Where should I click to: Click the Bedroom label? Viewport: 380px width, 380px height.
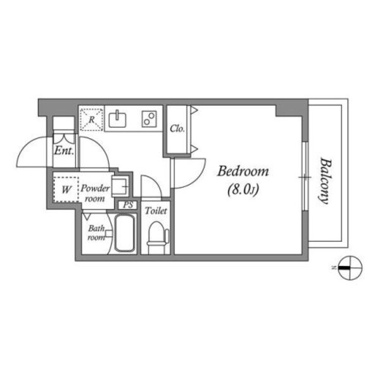coord(243,171)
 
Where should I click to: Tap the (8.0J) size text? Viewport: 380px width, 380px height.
coord(243,188)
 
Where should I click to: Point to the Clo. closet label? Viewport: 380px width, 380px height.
coord(177,129)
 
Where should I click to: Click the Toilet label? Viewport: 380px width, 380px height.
coord(155,210)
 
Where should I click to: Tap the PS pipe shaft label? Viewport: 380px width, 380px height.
coord(128,205)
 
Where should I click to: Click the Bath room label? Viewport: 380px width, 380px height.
coord(96,233)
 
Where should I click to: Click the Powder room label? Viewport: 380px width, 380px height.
coord(96,193)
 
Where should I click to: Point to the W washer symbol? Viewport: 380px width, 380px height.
coord(66,188)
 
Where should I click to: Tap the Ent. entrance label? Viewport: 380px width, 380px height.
coord(64,151)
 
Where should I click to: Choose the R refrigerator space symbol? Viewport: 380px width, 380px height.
coord(91,118)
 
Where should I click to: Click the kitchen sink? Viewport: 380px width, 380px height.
coord(118,118)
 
